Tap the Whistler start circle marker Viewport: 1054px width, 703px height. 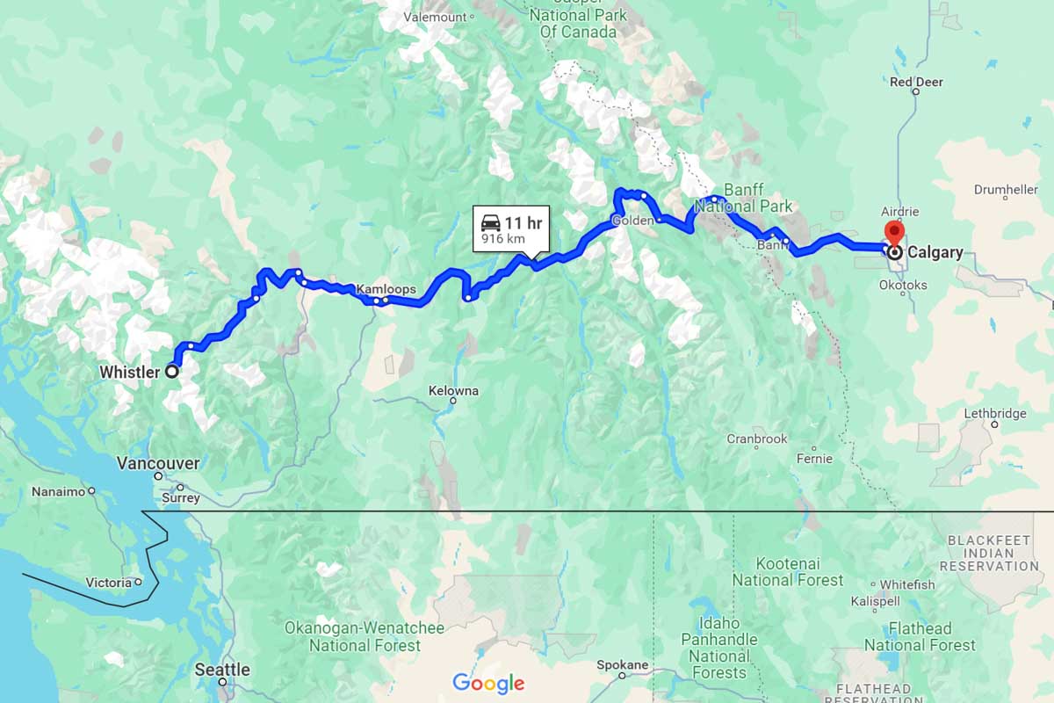point(172,372)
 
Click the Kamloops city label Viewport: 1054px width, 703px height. point(386,288)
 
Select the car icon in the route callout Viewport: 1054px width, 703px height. point(491,222)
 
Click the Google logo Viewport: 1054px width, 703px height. point(488,683)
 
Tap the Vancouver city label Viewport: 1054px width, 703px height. point(158,463)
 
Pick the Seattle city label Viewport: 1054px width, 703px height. point(222,670)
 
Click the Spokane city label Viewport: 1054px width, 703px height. point(622,664)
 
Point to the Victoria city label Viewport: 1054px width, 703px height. point(108,582)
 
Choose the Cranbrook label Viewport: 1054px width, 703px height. point(756,438)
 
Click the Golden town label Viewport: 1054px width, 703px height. point(632,221)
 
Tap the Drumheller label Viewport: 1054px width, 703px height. point(1007,190)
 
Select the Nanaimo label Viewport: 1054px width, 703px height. point(58,492)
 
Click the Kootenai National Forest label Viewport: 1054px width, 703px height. point(787,571)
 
